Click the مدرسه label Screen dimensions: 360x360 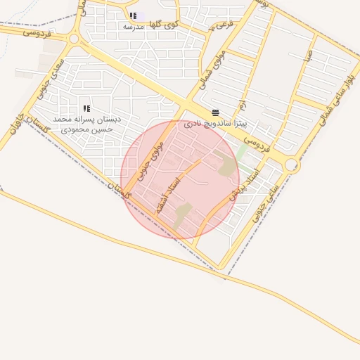point(134,27)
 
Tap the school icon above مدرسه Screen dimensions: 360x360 point(133,15)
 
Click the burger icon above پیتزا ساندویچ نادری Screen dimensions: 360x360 point(214,112)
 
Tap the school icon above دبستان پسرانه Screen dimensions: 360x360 point(86,108)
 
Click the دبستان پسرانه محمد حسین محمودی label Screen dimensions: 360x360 point(86,124)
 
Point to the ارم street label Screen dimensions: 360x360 point(242,106)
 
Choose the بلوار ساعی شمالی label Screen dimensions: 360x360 point(336,102)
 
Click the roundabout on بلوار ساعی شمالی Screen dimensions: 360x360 point(291,165)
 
